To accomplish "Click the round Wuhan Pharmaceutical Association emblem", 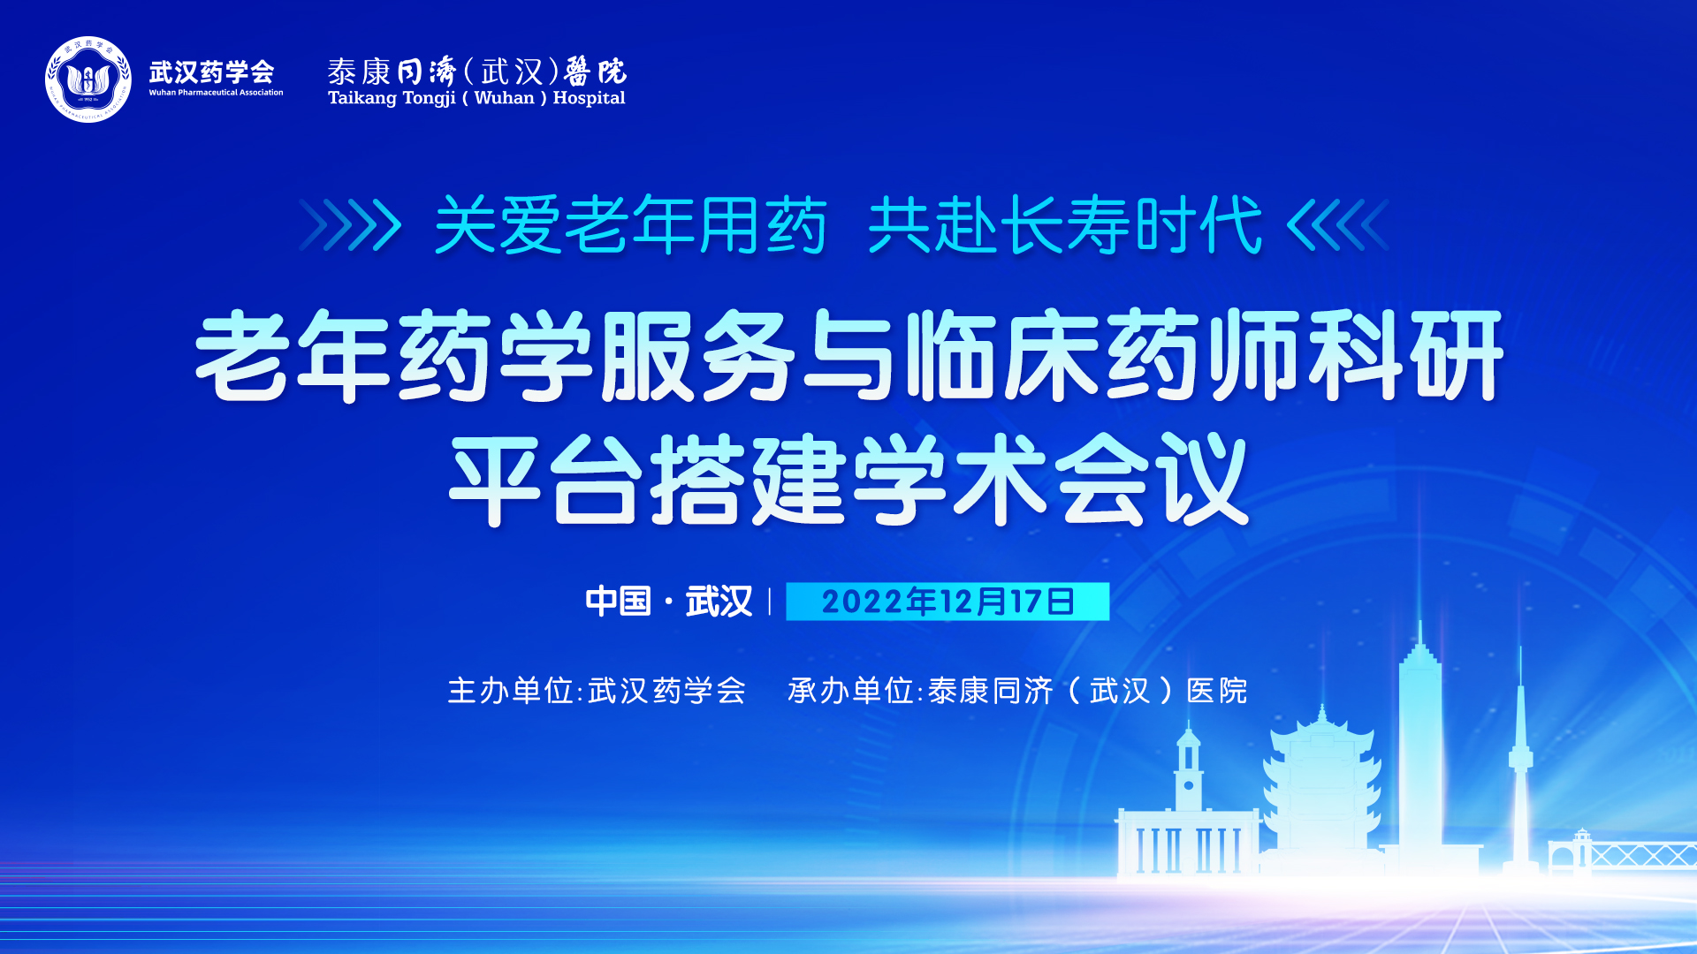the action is point(88,79).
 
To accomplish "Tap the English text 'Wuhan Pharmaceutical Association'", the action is point(216,93).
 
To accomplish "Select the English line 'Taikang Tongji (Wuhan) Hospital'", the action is point(476,98).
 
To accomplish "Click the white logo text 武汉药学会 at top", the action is point(211,72).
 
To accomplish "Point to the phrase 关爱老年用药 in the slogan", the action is point(631,225).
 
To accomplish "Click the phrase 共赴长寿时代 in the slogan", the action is point(1065,225).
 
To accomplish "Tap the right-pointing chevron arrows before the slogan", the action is point(351,225).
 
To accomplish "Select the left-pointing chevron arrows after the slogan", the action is point(1338,225).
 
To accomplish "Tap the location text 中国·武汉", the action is point(669,602).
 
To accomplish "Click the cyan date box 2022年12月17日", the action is point(947,602).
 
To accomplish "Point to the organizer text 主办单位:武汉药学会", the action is point(597,691).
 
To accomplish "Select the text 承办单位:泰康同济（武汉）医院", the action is point(1017,691).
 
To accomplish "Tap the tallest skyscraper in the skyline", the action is point(1420,742).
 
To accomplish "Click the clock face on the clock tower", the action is point(1189,785).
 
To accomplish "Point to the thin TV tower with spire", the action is point(1520,760).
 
